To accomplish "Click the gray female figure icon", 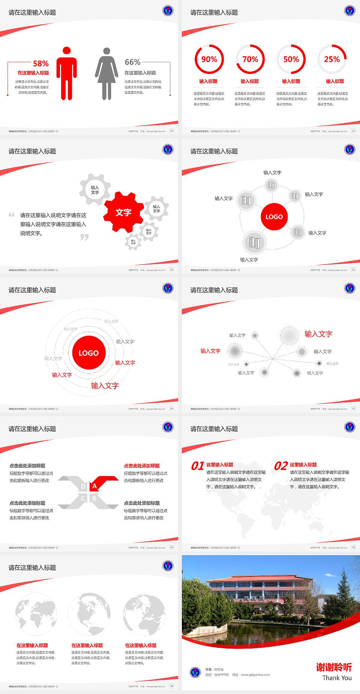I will coord(106,74).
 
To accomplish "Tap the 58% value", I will coord(40,63).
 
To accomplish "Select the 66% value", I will coord(132,62).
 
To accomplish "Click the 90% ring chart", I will coord(209,59).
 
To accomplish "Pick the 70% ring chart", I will coord(250,59).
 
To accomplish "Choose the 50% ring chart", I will coord(291,59).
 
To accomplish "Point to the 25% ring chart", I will coord(332,59).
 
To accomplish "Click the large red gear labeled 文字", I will coord(123,212).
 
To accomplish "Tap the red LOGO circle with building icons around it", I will coord(274,217).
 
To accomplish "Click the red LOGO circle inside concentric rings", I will coord(88,353).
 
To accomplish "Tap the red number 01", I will coord(197,466).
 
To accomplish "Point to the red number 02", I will coord(281,466).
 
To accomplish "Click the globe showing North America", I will coord(90,614).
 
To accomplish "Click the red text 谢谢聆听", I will coord(334,667).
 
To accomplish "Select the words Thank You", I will coord(337,678).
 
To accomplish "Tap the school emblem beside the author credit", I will coord(195,672).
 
